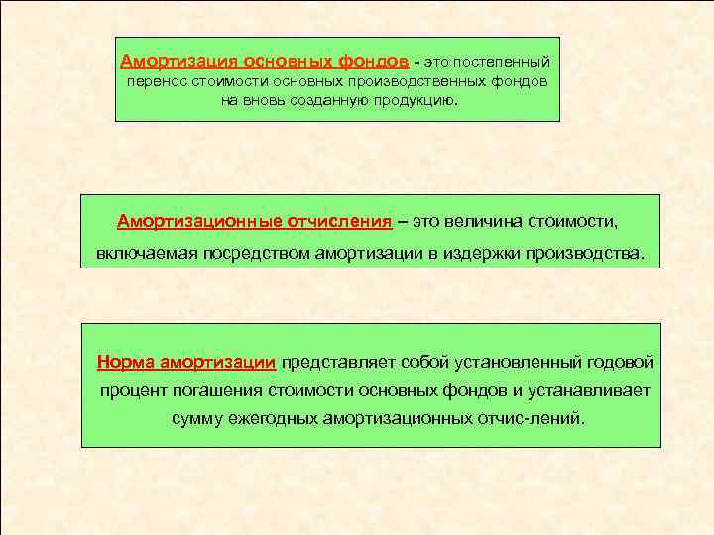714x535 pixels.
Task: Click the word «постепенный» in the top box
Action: click(x=502, y=61)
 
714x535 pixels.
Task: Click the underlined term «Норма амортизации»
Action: click(x=186, y=362)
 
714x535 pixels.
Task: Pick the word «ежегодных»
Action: click(x=271, y=418)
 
